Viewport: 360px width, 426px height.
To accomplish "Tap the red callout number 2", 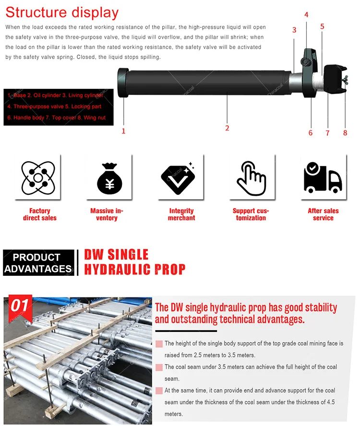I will [227, 128].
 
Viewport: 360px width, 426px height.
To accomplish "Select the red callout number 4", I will [306, 15].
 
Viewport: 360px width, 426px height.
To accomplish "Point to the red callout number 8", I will [345, 133].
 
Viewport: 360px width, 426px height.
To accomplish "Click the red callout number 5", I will [322, 26].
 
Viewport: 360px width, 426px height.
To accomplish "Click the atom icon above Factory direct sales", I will [38, 178].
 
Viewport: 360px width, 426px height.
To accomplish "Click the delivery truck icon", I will [323, 178].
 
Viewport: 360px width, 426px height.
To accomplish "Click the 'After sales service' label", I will [323, 214].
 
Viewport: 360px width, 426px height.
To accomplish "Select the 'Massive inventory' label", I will [107, 214].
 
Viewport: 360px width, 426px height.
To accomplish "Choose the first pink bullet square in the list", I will [158, 343].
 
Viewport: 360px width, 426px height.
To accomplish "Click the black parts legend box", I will [59, 106].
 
